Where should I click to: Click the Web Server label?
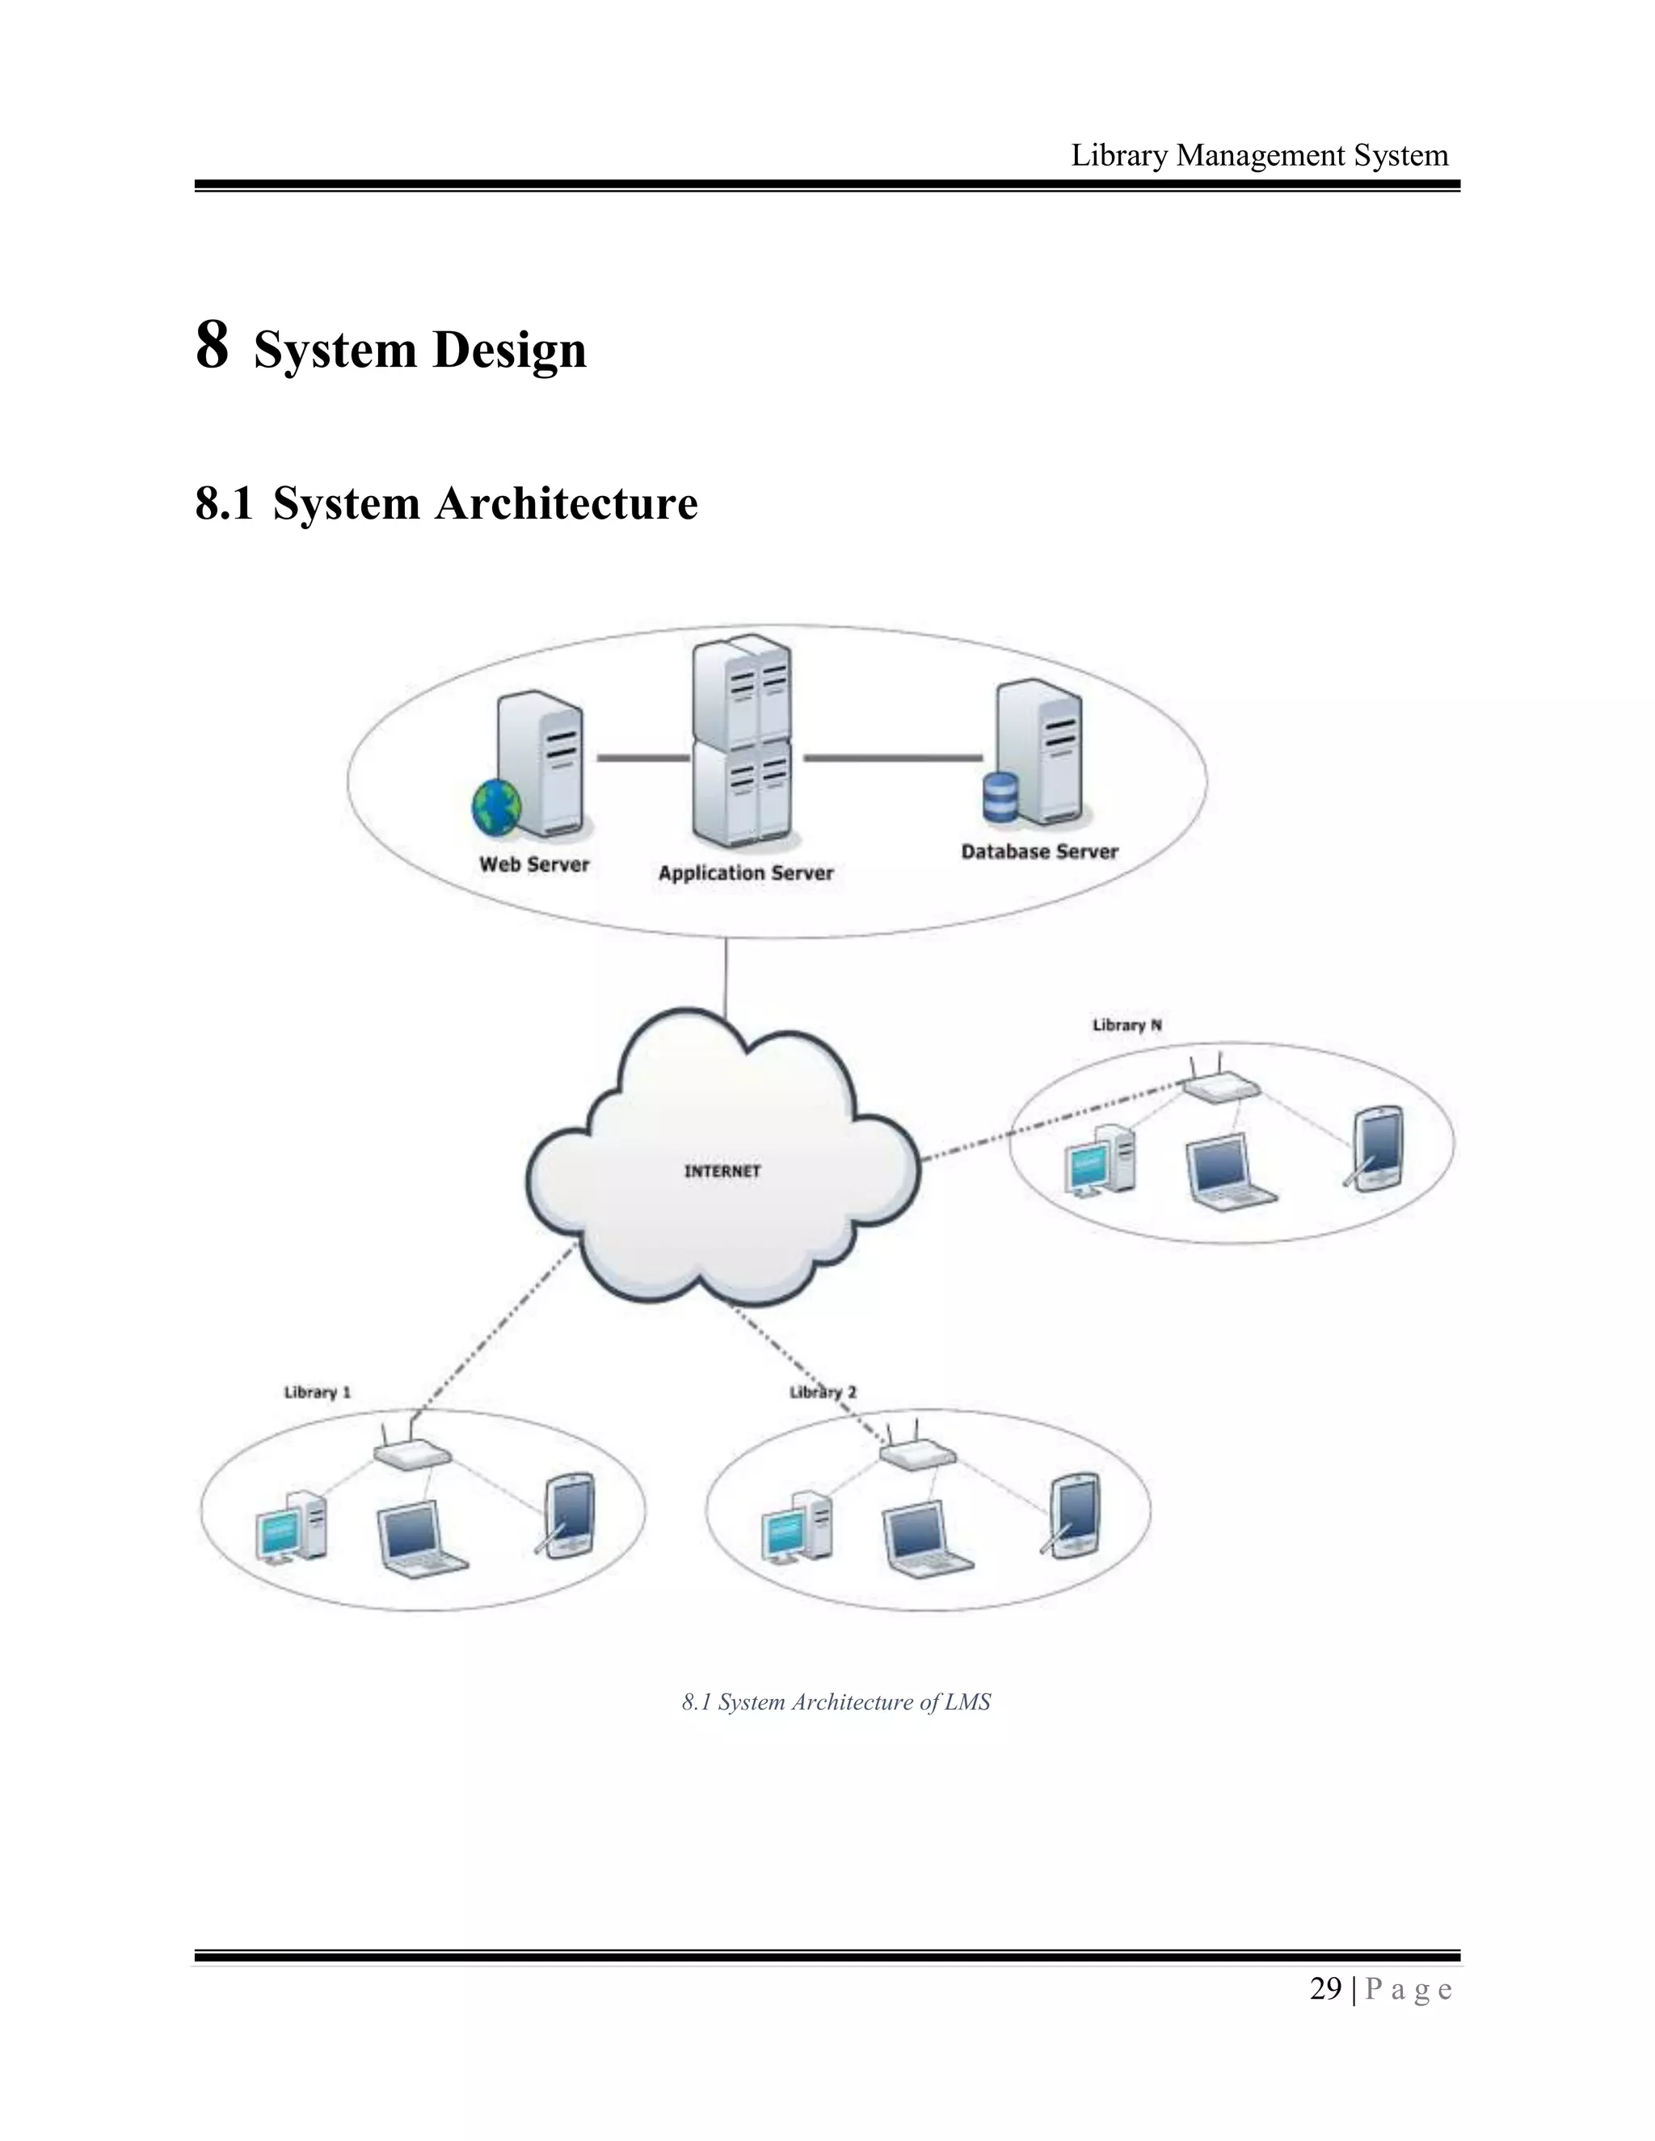534,864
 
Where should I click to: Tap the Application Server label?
745,873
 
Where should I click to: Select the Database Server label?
1039,852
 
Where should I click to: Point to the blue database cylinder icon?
1000,798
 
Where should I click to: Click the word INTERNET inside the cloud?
722,1171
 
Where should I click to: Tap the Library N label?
1126,1025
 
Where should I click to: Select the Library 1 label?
317,1392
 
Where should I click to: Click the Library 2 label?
823,1392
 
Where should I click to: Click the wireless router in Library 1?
412,1455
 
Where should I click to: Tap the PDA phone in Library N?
1376,1148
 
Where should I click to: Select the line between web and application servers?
643,758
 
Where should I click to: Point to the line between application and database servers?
892,758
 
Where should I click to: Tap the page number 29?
1324,1989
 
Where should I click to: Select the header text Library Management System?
1259,155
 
